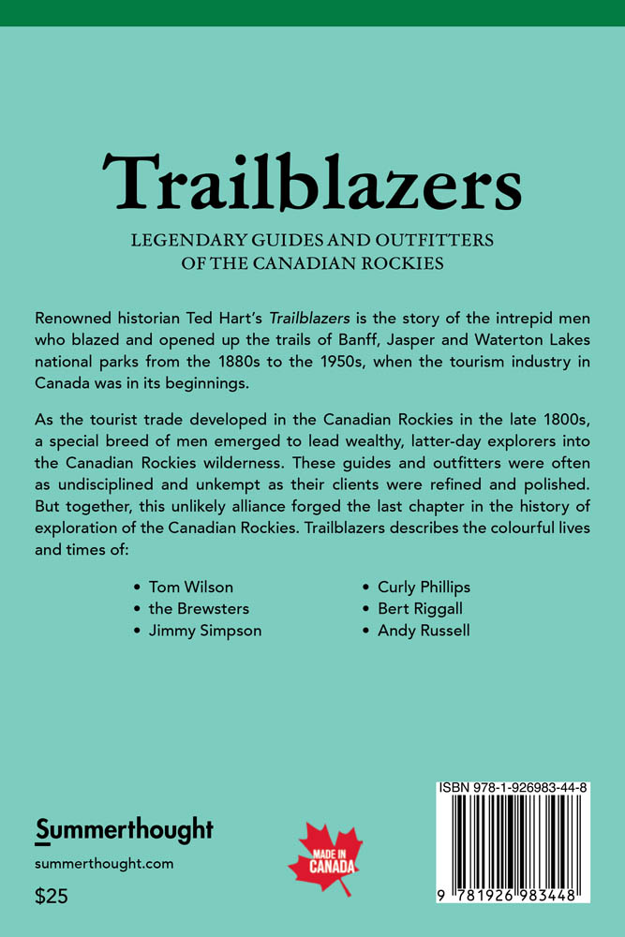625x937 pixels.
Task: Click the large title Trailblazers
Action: tap(312, 182)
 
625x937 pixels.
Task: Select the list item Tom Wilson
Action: tap(192, 587)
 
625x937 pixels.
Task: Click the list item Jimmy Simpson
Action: tap(205, 631)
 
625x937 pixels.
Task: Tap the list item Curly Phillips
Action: tap(424, 587)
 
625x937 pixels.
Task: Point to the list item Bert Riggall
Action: tap(420, 609)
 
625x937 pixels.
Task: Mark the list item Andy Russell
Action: tap(424, 631)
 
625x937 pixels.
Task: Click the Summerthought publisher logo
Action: tap(124, 829)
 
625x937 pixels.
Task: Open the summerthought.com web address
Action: tap(104, 864)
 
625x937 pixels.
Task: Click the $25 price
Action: tap(52, 896)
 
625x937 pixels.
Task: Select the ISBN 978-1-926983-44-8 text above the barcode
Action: tap(513, 790)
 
